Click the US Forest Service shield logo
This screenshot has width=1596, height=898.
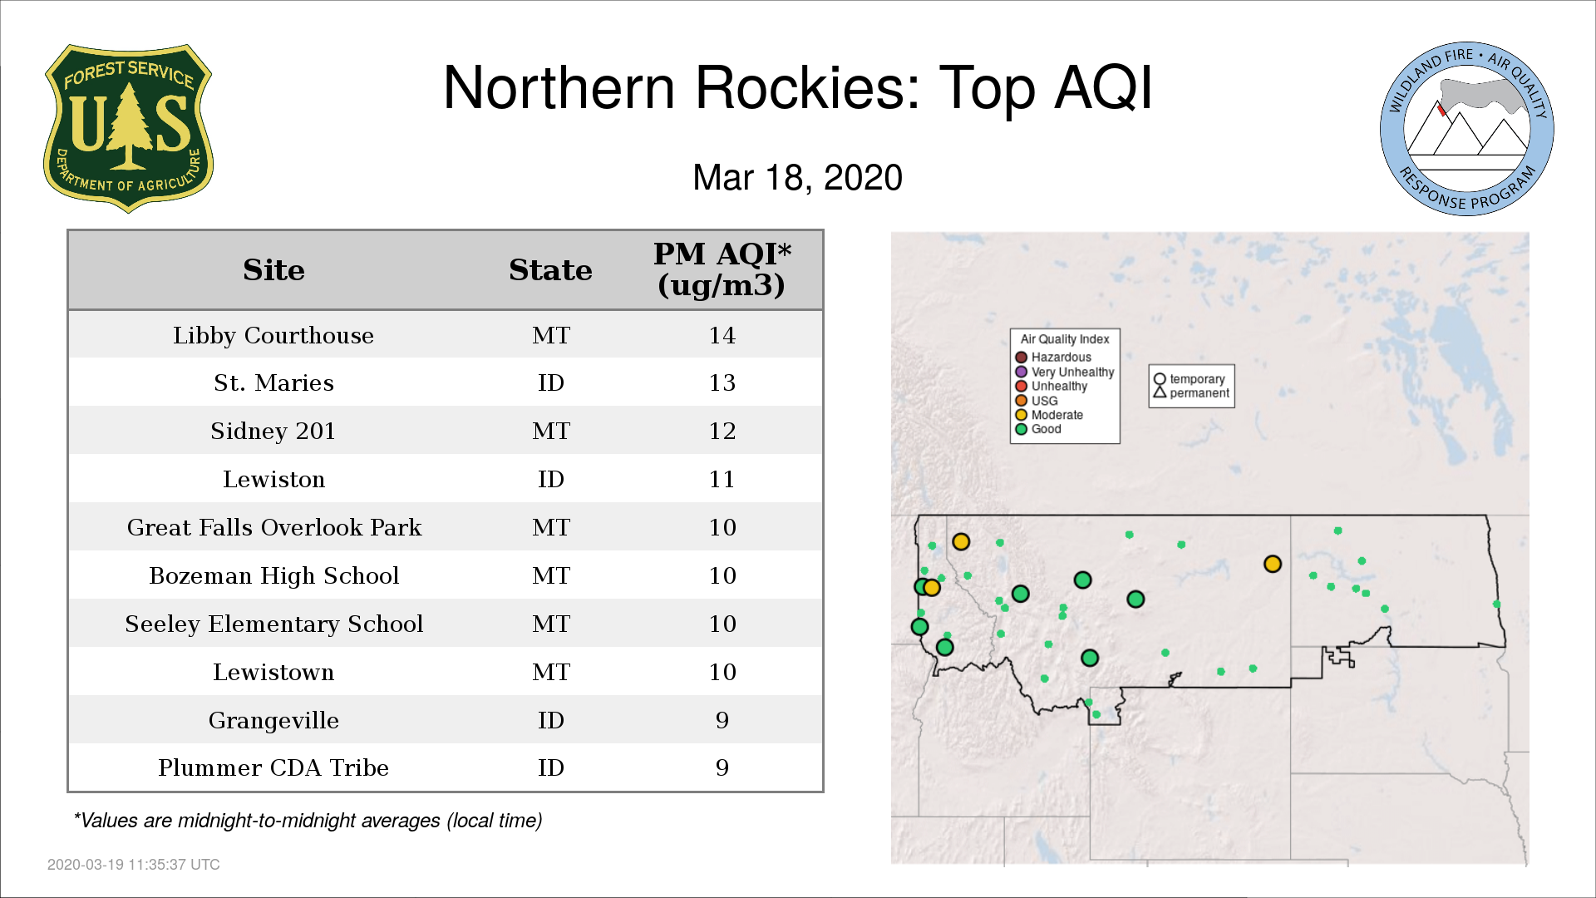128,128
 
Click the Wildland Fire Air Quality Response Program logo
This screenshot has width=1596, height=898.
1467,129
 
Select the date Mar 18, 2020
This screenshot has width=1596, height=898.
798,178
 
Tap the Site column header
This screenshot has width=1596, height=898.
273,270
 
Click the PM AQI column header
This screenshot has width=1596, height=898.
722,269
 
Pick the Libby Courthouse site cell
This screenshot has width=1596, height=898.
273,335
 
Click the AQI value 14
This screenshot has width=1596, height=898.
722,335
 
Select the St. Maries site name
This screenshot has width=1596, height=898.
273,382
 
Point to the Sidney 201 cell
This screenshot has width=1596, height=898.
273,431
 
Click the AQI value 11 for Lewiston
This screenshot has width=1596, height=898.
722,479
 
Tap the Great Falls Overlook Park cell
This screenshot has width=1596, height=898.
273,527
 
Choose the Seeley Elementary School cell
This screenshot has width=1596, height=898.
273,624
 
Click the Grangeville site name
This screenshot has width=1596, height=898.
273,720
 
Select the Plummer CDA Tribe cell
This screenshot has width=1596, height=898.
273,767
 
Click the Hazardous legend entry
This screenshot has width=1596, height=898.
1053,358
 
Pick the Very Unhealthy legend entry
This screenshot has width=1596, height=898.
1065,372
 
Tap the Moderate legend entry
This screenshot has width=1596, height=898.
1049,415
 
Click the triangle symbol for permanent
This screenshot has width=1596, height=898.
1160,392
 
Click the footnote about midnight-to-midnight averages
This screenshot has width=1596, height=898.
308,821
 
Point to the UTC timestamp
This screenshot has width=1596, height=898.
134,865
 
